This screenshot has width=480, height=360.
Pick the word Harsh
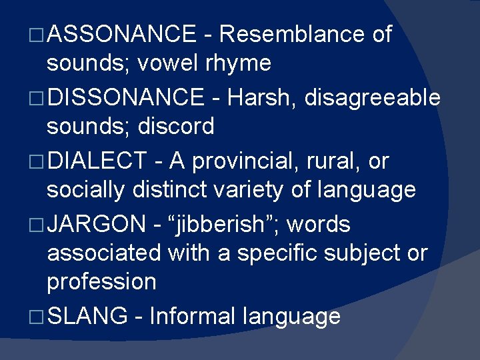click(x=261, y=98)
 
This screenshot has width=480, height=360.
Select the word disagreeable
click(x=372, y=98)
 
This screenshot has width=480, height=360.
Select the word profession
click(x=101, y=282)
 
